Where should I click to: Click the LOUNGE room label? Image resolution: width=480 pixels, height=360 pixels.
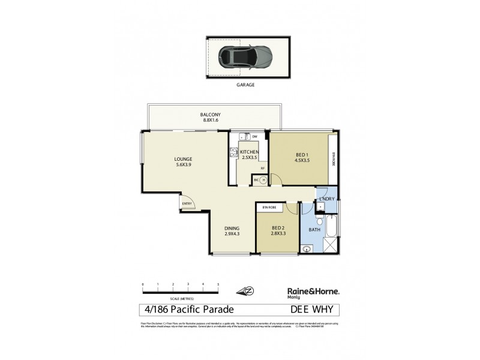184,159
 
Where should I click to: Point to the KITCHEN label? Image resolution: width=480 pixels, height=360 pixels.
249,152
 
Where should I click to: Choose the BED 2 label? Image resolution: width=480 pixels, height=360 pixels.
277,227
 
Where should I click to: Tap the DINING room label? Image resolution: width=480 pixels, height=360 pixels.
232,227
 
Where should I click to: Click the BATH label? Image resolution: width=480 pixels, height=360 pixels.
314,229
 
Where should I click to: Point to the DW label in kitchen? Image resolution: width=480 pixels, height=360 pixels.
254,136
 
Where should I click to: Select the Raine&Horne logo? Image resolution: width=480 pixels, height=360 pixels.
310,291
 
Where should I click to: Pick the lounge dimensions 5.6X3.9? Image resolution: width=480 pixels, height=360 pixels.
183,165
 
